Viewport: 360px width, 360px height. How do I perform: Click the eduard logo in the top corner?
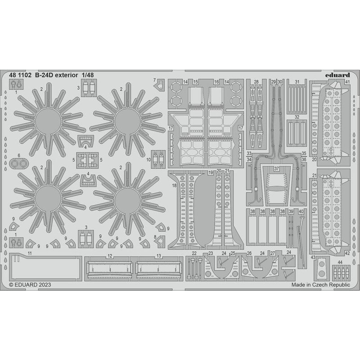tap(337, 75)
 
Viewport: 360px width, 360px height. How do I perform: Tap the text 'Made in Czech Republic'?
tap(321, 285)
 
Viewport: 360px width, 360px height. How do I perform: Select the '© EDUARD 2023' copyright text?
tap(30, 285)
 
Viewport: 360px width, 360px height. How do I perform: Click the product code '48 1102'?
tap(20, 75)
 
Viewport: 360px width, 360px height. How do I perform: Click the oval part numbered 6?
tap(18, 163)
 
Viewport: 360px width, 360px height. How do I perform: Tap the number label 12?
tap(110, 256)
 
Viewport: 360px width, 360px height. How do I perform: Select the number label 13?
tap(159, 256)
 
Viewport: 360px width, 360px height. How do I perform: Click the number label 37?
tap(277, 168)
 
